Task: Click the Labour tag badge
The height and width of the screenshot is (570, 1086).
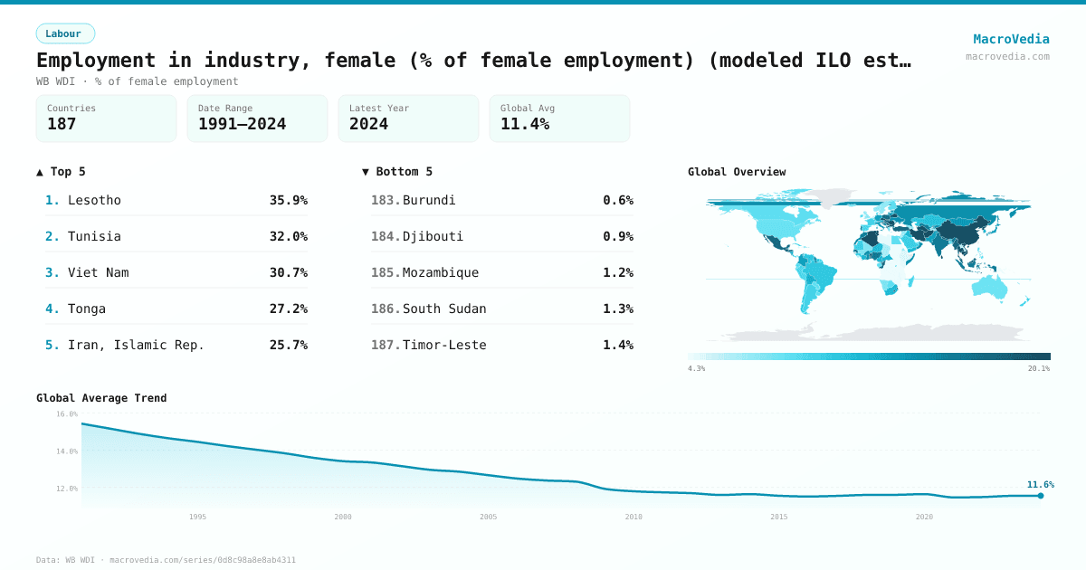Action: (x=65, y=33)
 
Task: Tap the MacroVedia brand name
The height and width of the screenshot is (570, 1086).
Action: (x=1011, y=39)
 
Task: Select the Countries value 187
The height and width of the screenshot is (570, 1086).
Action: (x=62, y=124)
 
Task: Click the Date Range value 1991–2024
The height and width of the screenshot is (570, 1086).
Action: (x=242, y=124)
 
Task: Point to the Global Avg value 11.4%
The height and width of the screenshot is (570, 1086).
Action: (x=525, y=124)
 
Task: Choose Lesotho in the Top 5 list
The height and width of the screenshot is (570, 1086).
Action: (x=94, y=200)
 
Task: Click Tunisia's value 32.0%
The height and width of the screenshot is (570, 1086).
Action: (x=288, y=236)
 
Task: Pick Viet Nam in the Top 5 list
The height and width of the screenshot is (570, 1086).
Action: (x=98, y=272)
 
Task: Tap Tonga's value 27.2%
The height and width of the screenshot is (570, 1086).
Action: (x=288, y=309)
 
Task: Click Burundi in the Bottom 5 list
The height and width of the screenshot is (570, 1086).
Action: (x=429, y=200)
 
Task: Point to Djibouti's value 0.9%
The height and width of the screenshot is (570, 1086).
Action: (x=618, y=236)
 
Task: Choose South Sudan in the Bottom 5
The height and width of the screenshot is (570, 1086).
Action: (x=444, y=309)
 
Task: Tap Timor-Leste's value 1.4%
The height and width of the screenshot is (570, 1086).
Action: (x=618, y=345)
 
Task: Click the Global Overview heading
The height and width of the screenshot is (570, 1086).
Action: (x=737, y=172)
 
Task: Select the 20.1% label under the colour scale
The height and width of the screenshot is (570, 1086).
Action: (x=1038, y=368)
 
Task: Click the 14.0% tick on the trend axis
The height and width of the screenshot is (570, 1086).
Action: (x=67, y=451)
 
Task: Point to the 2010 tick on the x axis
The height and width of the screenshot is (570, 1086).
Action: (x=633, y=517)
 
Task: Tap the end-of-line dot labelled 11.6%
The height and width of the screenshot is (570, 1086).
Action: (x=1041, y=496)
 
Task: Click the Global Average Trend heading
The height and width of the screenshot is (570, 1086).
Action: (x=101, y=398)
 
